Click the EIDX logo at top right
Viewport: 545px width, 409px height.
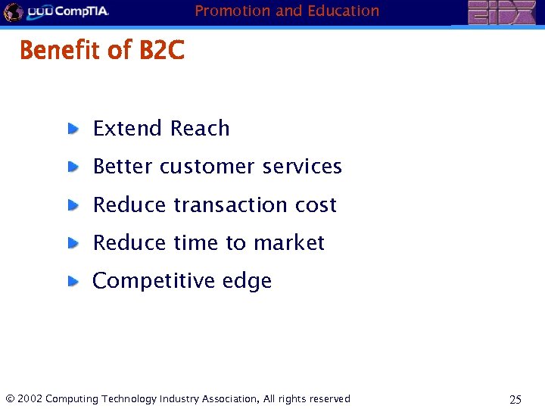pyautogui.click(x=500, y=13)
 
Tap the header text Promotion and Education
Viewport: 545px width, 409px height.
pyautogui.click(x=287, y=11)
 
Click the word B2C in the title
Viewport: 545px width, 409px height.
pyautogui.click(x=161, y=51)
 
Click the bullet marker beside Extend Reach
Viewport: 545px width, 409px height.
pyautogui.click(x=73, y=129)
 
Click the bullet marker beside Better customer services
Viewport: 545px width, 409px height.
pyautogui.click(x=73, y=167)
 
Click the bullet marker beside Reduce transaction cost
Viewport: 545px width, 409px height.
pyautogui.click(x=73, y=205)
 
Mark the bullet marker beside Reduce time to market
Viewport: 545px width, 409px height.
pyautogui.click(x=73, y=243)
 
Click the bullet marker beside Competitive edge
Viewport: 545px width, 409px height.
pyautogui.click(x=73, y=281)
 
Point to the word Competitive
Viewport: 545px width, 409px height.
pyautogui.click(x=154, y=281)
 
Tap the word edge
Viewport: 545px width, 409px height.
pyautogui.click(x=247, y=282)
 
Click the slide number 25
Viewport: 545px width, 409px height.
pyautogui.click(x=515, y=399)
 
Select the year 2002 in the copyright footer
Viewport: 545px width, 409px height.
pyautogui.click(x=30, y=398)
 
